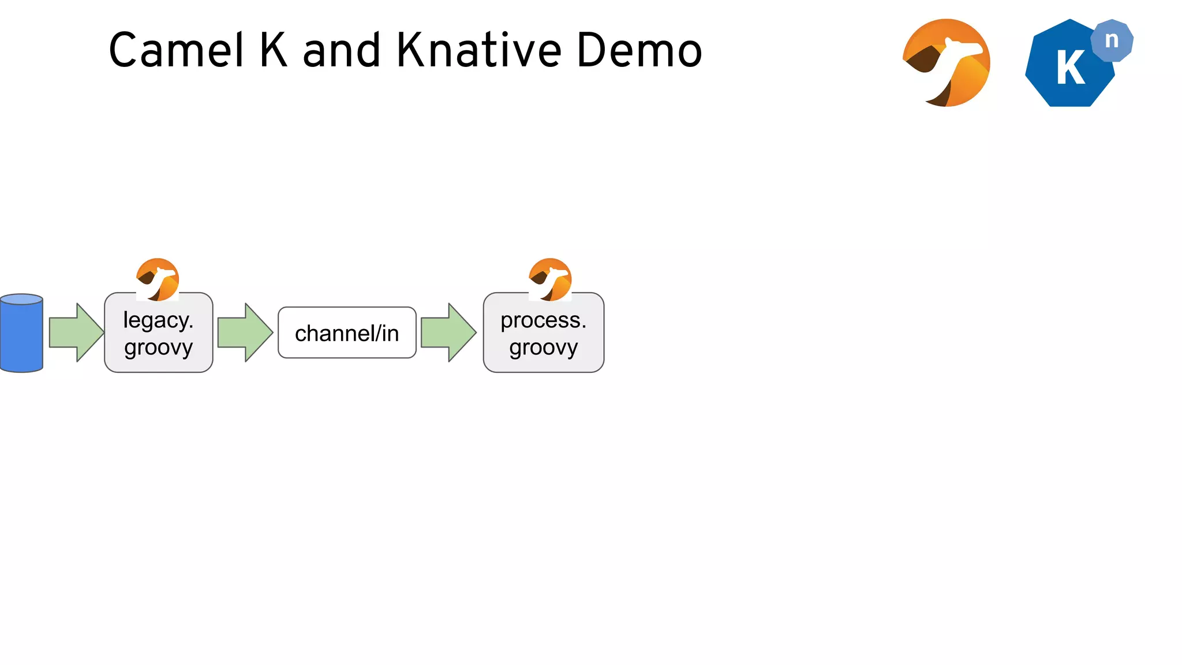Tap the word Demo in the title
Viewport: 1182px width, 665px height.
click(639, 51)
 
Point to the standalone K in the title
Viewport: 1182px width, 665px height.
click(273, 51)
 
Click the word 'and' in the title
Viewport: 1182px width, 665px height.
click(342, 51)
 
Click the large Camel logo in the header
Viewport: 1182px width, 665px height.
click(947, 63)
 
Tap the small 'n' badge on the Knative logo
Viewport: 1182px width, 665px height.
click(1112, 40)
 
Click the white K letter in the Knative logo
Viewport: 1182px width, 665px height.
click(1071, 68)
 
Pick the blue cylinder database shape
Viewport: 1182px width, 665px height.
click(22, 333)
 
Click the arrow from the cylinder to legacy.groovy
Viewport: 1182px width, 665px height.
click(76, 332)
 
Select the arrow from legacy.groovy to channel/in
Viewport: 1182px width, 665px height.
click(245, 332)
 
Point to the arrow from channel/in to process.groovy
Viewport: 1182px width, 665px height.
click(448, 332)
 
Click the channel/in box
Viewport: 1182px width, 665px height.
click(347, 333)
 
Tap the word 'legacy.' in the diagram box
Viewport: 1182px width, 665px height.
click(158, 320)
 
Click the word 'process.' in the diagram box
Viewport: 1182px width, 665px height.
click(543, 320)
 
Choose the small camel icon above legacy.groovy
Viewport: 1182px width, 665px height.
click(158, 279)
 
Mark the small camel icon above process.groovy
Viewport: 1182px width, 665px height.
click(550, 279)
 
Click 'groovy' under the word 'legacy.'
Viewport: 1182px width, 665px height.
click(158, 348)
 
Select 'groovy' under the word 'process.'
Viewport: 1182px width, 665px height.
click(543, 348)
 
